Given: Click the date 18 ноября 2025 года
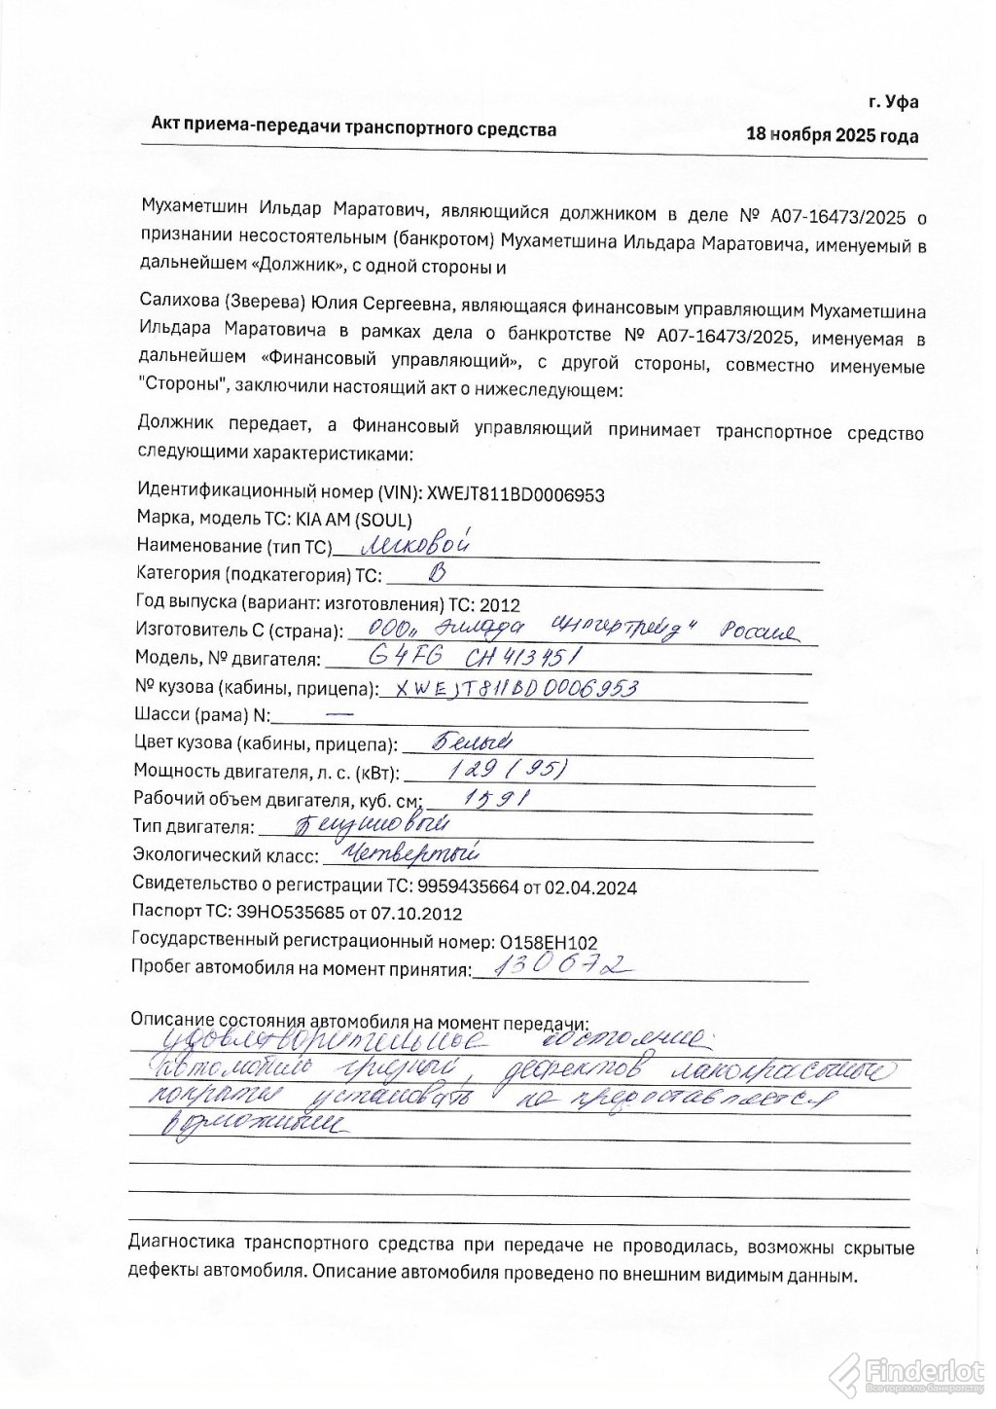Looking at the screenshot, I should click(x=832, y=135).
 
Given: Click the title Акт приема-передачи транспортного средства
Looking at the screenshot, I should click(x=354, y=128).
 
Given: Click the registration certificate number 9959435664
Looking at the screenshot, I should click(x=463, y=887).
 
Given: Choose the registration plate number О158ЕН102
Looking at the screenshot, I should click(x=548, y=942).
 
